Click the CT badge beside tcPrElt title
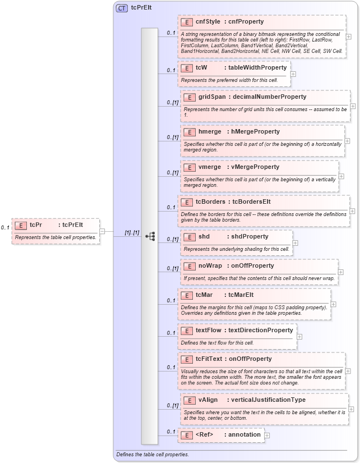coord(121,8)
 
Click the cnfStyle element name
coord(207,22)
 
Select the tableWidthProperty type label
coord(257,67)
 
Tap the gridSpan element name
coord(212,97)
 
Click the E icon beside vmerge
coord(190,167)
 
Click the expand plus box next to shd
coord(296,243)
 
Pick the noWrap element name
coord(210,265)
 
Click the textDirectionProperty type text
coord(261,330)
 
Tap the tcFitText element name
coord(210,359)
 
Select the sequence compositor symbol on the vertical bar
coord(150,236)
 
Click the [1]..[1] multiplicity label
coord(132,232)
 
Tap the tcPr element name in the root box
coord(36,225)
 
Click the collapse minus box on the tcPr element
coord(102,231)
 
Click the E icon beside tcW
coord(187,67)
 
